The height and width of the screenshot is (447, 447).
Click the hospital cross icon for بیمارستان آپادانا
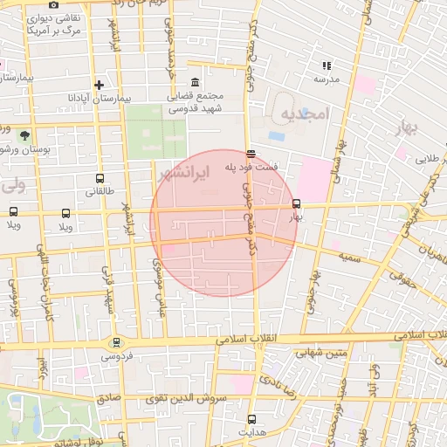click(x=100, y=86)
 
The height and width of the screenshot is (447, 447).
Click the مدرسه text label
click(x=327, y=79)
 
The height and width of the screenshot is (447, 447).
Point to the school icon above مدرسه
click(x=327, y=65)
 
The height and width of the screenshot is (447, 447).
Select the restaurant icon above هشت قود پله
click(x=251, y=155)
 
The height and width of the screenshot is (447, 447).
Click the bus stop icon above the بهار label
click(x=297, y=203)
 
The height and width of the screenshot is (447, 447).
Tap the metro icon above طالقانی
click(x=100, y=178)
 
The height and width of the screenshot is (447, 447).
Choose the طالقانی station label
click(x=100, y=191)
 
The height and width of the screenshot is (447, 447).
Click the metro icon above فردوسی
click(x=116, y=343)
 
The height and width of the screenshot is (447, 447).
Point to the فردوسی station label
click(x=116, y=356)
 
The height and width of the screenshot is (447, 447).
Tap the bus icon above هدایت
click(x=251, y=420)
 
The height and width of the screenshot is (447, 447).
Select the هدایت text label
click(x=251, y=433)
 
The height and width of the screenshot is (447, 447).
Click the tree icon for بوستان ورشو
click(x=24, y=135)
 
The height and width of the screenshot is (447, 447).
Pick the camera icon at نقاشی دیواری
click(x=54, y=4)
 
